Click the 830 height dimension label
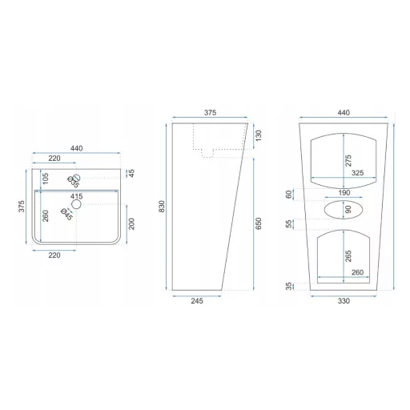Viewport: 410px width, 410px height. click(162, 207)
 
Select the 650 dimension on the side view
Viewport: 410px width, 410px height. click(259, 223)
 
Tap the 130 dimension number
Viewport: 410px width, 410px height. click(259, 135)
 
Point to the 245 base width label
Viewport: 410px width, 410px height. click(197, 301)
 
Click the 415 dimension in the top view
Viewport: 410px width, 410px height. click(77, 196)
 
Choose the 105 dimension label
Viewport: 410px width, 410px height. click(46, 179)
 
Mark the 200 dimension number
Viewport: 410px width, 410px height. click(131, 223)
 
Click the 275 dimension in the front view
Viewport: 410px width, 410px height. click(348, 160)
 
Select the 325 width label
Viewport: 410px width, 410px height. click(357, 173)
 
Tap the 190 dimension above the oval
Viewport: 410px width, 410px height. click(344, 192)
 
